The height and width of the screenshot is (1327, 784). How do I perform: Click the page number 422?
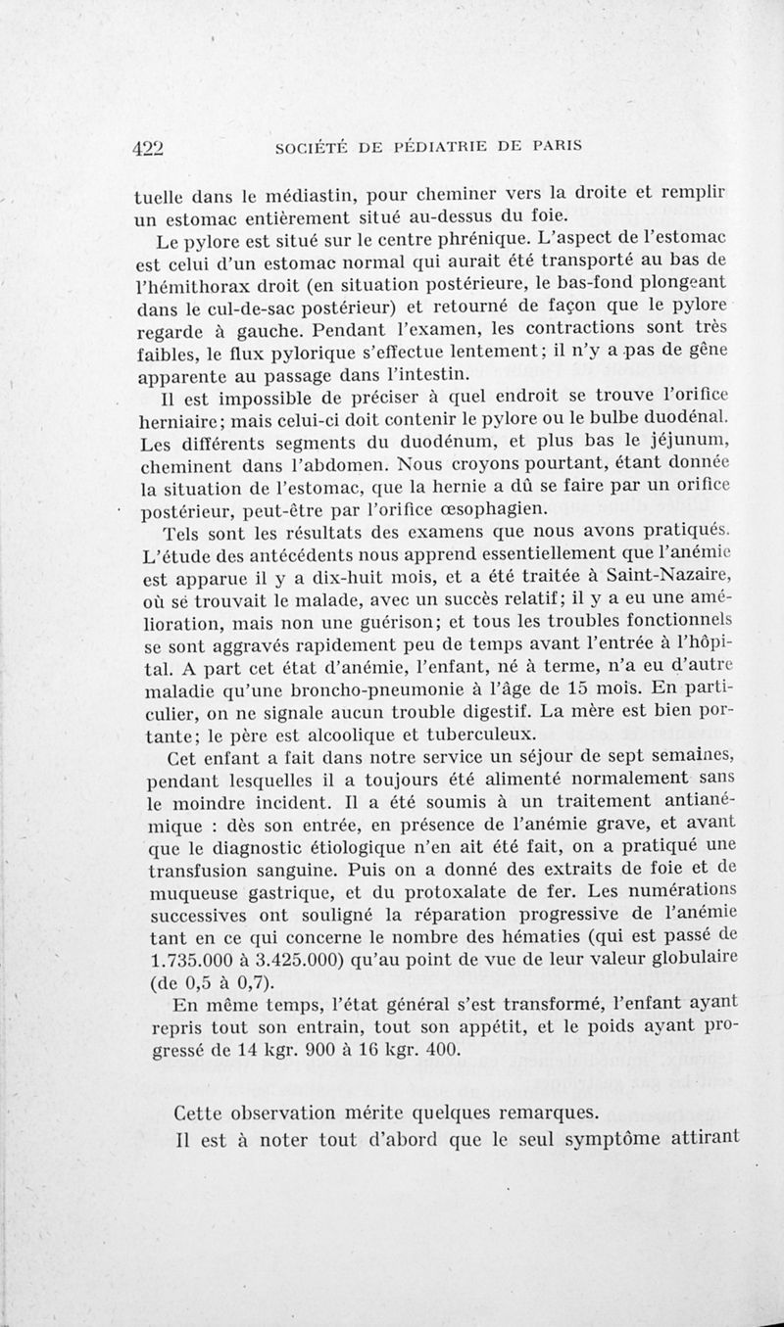(152, 147)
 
